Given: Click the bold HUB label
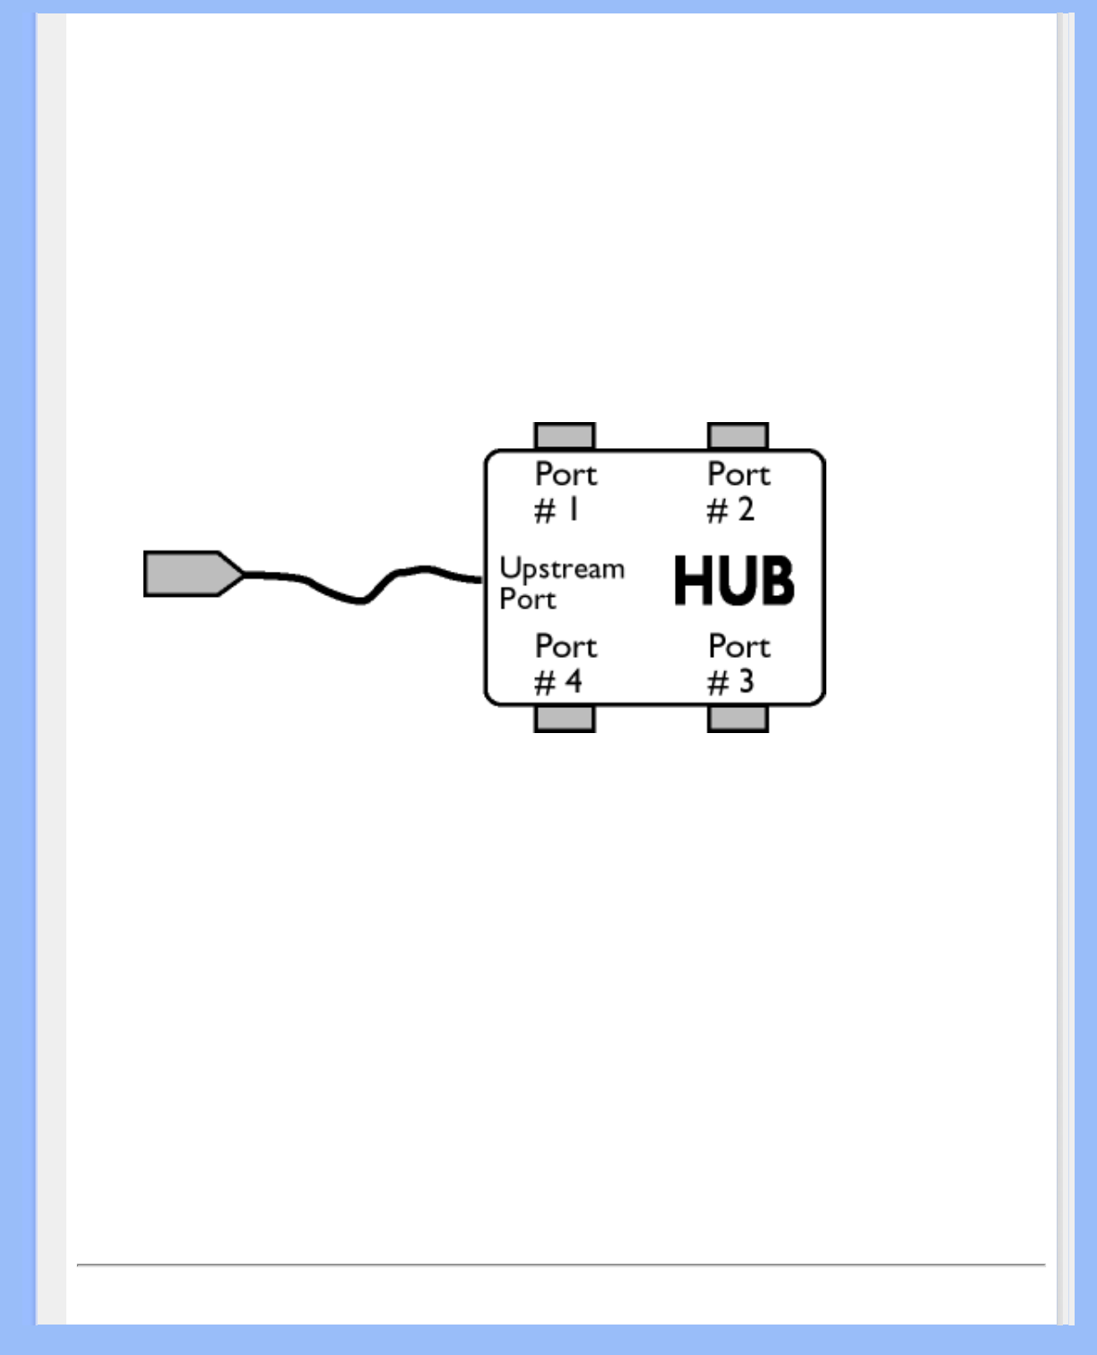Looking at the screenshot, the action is pos(733,581).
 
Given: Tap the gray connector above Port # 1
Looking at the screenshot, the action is pos(565,436).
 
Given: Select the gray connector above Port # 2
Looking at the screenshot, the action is pos(738,436).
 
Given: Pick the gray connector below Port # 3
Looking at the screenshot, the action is pos(738,718).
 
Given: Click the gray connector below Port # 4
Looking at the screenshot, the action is pos(565,718).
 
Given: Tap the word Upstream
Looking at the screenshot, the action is pos(562,569).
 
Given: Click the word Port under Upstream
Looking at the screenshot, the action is pos(528,599).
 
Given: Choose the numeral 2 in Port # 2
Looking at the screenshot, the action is pos(746,510).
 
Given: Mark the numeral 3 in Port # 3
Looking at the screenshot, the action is pos(746,682).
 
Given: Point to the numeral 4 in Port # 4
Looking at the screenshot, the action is pos(573,682).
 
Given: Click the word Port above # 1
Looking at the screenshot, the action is pos(566,474).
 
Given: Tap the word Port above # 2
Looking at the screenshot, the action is pos(739,474).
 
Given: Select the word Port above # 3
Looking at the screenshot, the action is pos(739,646).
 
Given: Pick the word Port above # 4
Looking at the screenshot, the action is pos(566,646).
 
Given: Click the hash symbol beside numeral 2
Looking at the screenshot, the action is pos(717,512).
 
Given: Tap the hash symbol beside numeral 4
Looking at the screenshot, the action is pos(544,684).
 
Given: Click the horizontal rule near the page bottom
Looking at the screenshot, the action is pos(561,1264).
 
